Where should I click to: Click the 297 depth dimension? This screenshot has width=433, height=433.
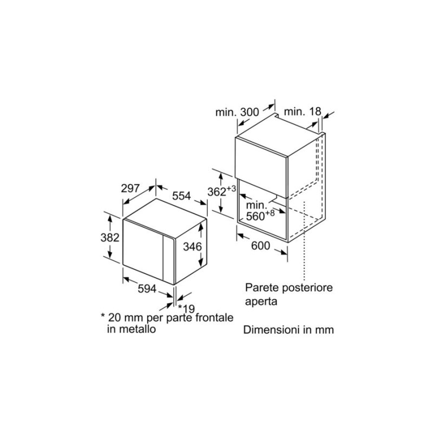(130, 188)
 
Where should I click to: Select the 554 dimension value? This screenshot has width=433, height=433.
(181, 196)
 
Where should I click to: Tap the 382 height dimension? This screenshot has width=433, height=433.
(110, 238)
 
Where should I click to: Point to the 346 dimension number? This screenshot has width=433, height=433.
(193, 246)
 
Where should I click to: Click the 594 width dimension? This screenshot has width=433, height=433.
(147, 289)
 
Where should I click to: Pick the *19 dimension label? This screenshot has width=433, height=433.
(186, 309)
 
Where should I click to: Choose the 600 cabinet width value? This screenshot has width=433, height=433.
(260, 246)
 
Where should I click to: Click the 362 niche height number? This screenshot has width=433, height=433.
(217, 192)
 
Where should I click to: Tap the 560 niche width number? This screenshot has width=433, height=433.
(255, 216)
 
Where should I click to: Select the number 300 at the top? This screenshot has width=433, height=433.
(250, 112)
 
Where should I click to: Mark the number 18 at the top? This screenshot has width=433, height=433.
(316, 111)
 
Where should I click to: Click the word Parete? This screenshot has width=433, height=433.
(261, 287)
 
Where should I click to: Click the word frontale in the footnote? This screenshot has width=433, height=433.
(214, 318)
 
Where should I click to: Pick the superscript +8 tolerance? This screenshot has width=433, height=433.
(270, 213)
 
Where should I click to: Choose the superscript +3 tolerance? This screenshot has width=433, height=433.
(232, 189)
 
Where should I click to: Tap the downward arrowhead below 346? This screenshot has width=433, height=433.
(201, 264)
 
